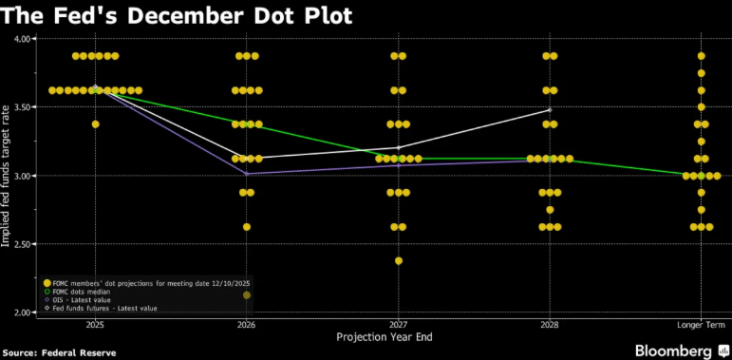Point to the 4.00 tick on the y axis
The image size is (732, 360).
22,39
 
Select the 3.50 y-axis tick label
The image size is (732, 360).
22,107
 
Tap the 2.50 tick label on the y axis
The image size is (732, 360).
22,244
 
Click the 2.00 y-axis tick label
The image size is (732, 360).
22,313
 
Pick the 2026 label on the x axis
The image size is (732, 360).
247,324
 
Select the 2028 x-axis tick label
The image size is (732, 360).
550,324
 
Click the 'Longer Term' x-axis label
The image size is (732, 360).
701,324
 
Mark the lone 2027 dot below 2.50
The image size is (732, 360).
399,260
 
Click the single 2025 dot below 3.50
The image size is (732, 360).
95,123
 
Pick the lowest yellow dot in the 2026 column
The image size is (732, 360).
247,227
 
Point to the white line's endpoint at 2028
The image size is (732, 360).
550,110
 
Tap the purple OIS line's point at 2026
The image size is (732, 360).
247,174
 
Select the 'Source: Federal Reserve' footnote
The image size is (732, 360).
59,352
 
